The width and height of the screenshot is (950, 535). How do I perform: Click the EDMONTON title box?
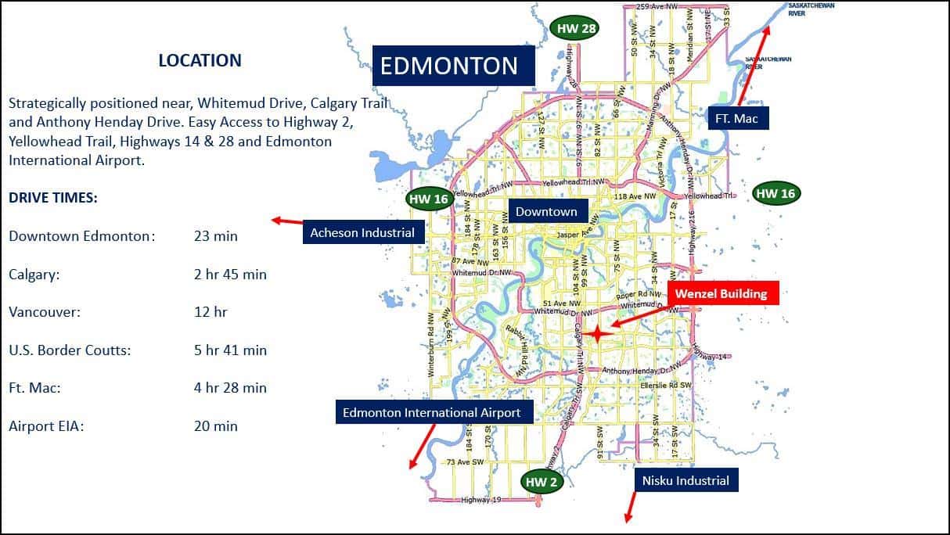click(452, 66)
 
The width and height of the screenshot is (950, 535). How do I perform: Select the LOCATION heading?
click(200, 60)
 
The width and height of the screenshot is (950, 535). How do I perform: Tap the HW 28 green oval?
click(576, 29)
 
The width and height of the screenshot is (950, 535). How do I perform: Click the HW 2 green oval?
click(542, 482)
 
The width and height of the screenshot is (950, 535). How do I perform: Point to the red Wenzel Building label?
click(721, 294)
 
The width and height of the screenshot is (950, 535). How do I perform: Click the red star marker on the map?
click(596, 334)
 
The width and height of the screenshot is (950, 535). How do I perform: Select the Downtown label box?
click(546, 211)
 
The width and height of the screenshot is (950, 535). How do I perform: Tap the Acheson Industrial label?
click(362, 232)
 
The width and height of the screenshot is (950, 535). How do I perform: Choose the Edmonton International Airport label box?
click(431, 412)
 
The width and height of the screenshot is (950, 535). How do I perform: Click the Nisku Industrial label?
click(686, 480)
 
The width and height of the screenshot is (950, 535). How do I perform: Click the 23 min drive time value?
click(216, 236)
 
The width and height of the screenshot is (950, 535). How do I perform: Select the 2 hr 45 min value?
click(230, 275)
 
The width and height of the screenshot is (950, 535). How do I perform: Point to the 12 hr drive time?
click(211, 312)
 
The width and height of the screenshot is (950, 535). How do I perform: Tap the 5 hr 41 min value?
click(230, 350)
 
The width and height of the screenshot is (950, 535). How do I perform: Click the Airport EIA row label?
click(46, 426)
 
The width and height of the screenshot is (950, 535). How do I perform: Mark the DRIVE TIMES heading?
click(53, 199)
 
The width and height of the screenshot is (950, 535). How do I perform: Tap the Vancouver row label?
click(45, 312)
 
